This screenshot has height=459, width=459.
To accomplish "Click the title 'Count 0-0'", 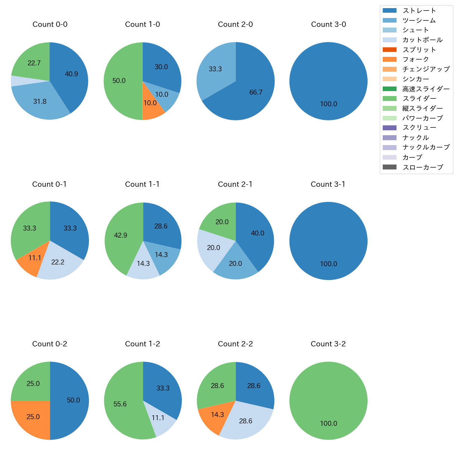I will click(50, 24).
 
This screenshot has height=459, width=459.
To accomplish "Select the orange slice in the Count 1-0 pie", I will click(151, 104).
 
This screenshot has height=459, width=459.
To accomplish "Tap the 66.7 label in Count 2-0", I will click(256, 93).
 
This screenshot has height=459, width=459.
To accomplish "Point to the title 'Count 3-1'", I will click(328, 184).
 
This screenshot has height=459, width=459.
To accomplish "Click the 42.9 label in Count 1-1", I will click(120, 235).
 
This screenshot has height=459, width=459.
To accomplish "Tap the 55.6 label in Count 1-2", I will click(120, 404).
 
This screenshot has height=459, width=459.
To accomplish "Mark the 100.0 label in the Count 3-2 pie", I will click(328, 424).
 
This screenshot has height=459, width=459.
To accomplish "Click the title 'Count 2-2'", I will click(236, 344).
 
